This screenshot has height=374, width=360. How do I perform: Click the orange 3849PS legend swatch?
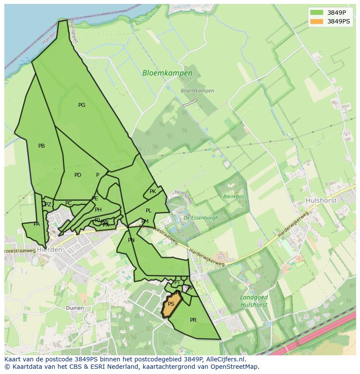317,21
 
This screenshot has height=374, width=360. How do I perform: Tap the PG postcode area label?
82,105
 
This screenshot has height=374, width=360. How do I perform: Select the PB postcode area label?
41,146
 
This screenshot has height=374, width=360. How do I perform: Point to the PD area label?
78,175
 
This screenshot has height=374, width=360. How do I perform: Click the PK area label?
153,192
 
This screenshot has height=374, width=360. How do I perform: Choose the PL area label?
149,211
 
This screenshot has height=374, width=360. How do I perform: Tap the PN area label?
131,240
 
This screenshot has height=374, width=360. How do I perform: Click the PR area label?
193,320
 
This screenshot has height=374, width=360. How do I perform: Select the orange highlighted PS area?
171,304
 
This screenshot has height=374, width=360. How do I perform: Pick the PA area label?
37,224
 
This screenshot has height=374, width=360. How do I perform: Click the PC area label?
68,203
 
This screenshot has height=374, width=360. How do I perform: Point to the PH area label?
98,210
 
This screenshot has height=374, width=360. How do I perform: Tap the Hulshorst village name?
321,201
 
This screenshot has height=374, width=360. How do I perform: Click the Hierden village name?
50,250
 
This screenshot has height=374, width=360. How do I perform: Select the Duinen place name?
75,308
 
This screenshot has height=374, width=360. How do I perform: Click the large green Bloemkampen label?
167,73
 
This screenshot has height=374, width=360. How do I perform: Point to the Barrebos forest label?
233,196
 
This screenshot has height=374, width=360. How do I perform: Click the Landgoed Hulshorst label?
254,301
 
